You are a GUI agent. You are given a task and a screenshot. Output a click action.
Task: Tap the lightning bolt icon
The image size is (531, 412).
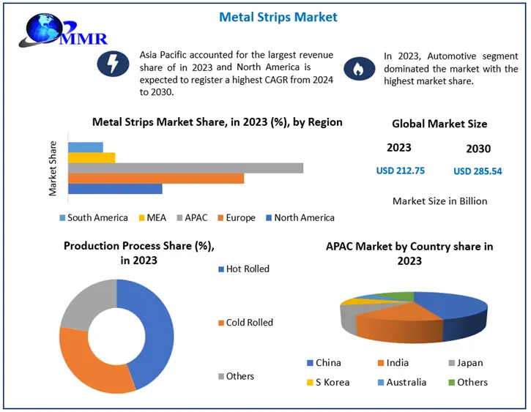pyautogui.click(x=114, y=64)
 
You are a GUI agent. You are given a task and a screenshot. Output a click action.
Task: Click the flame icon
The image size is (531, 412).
pyautogui.click(x=358, y=69)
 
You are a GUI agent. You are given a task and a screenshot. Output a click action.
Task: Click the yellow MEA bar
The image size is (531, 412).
pyautogui.click(x=92, y=157)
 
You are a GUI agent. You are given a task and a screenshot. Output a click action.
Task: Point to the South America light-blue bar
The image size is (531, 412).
pyautogui.click(x=86, y=147)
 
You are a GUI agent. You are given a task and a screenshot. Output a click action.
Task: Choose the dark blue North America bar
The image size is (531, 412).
pyautogui.click(x=115, y=189)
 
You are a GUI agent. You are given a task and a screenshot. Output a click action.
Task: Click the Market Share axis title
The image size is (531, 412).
pyautogui.click(x=53, y=168)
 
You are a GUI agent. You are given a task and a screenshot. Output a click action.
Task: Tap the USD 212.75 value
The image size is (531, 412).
pyautogui.click(x=400, y=171)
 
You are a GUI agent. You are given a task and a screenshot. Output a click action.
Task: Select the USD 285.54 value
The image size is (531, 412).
pyautogui.click(x=478, y=171)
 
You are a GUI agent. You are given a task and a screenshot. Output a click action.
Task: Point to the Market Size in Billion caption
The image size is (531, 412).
pyautogui.click(x=439, y=201)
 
